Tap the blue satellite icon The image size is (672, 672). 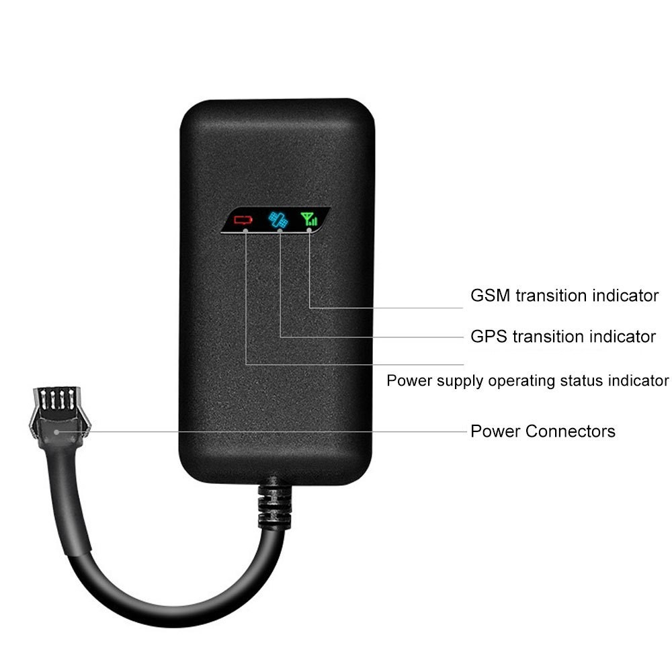(277, 219)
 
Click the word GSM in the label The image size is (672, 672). (490, 296)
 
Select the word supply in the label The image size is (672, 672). (460, 381)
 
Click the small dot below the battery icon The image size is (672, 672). (247, 231)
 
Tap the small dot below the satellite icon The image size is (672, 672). (279, 231)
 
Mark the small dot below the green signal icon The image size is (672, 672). (309, 230)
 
